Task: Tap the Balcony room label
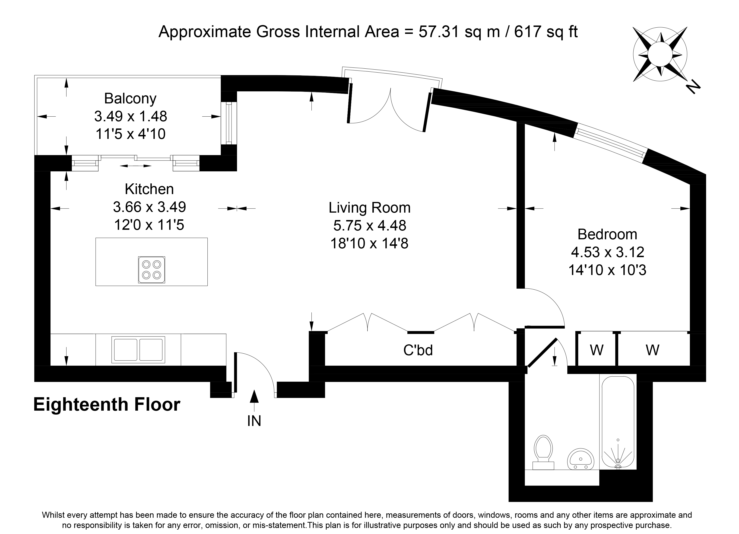pos(130,99)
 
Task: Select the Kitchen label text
pos(149,189)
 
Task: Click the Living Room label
pos(369,208)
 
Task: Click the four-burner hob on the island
pos(152,270)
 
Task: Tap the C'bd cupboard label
pos(418,350)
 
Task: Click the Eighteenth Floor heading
pos(107,405)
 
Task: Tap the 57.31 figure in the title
pos(439,32)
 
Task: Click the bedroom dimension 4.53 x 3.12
pos(608,252)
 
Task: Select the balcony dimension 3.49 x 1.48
pos(131,116)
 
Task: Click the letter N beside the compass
pos(692,87)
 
